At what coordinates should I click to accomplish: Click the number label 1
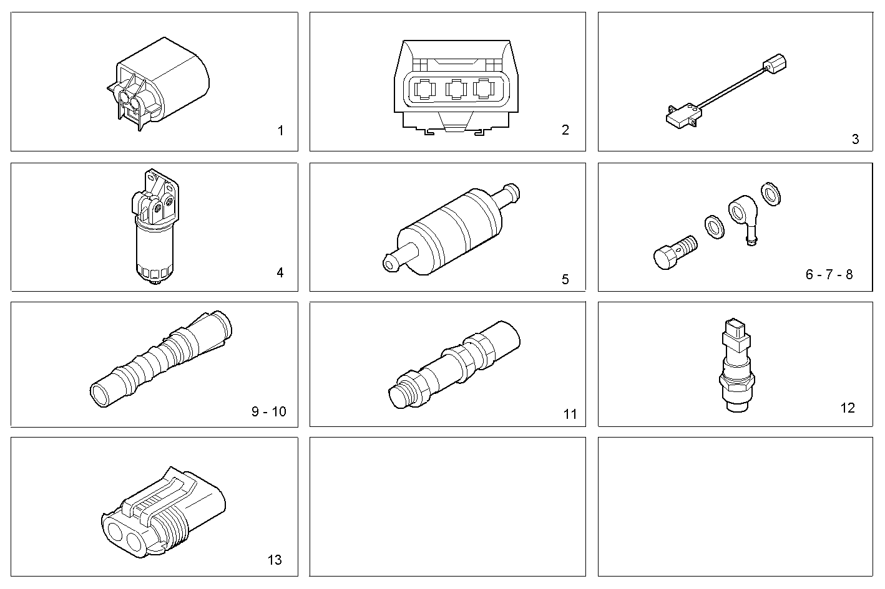point(280,131)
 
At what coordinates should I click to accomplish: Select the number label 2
point(565,130)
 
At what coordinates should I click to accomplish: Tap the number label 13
point(275,560)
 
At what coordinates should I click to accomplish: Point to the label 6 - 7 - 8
point(829,275)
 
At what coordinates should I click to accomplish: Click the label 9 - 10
point(269,412)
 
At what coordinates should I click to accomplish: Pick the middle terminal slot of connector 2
point(456,89)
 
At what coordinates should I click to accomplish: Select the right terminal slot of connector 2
point(485,89)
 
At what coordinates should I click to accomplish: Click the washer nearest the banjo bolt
point(714,226)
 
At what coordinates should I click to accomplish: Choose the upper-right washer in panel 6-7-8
point(771,193)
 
